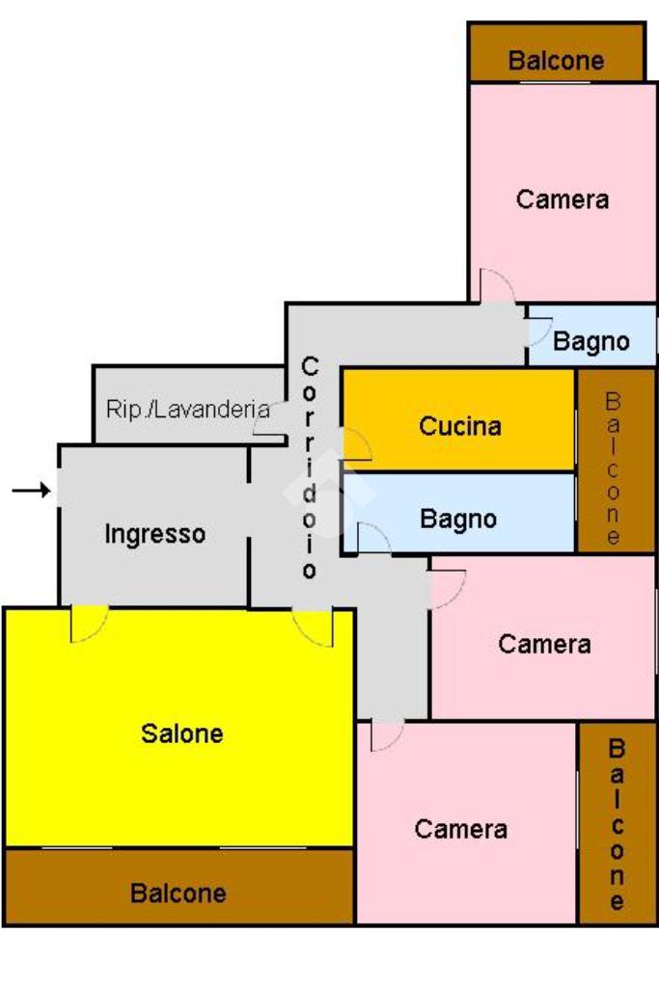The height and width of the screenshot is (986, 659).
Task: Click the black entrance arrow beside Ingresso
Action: (x=31, y=492)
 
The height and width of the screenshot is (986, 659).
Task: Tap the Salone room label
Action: (x=182, y=733)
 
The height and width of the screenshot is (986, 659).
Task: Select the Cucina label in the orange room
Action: (x=460, y=426)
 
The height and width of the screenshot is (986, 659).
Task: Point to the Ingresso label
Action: (x=155, y=534)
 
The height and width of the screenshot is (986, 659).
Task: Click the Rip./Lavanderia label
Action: (x=187, y=409)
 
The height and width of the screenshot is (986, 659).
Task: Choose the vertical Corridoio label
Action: (x=310, y=468)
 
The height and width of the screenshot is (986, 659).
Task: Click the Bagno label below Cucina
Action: (x=458, y=520)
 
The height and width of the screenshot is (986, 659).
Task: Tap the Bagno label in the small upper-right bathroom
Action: (x=591, y=341)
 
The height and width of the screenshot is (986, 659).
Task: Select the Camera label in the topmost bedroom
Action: (x=563, y=200)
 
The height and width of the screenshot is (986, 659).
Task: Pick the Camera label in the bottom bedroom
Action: (x=461, y=829)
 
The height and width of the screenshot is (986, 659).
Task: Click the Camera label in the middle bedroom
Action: (x=544, y=644)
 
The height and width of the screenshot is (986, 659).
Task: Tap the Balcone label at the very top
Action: (x=556, y=62)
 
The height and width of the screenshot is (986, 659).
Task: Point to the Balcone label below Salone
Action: (x=178, y=893)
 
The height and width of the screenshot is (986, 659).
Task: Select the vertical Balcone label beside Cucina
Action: (x=614, y=469)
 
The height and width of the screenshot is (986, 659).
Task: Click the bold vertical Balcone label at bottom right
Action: (x=618, y=825)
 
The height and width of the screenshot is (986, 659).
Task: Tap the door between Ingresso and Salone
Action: (x=89, y=624)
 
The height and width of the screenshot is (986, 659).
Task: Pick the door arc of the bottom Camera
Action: (x=386, y=735)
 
